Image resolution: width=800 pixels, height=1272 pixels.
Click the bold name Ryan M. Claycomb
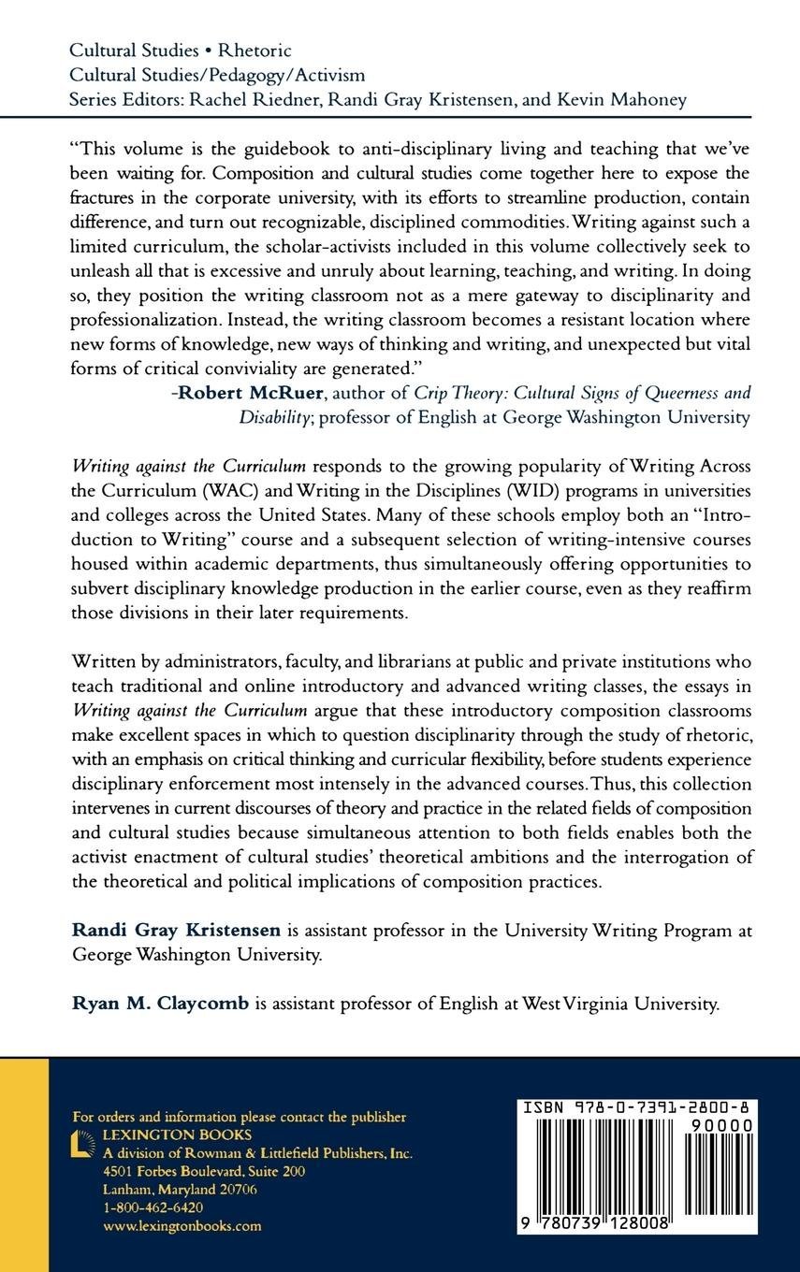click(160, 1005)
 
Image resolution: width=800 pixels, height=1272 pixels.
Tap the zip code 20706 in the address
click(236, 1189)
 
